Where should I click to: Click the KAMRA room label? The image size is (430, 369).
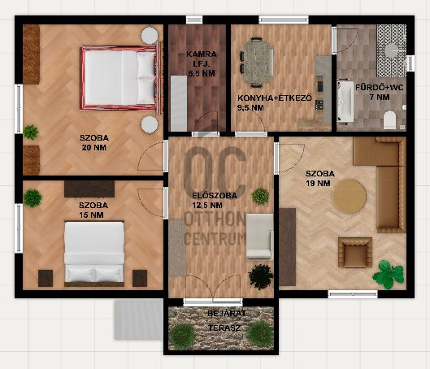click(x=202, y=54)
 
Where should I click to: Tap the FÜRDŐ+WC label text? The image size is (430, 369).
click(x=380, y=88)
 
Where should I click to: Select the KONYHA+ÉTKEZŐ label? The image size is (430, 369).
click(x=275, y=98)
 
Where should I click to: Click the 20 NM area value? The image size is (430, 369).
click(x=94, y=148)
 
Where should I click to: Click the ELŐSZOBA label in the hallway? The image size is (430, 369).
click(x=215, y=196)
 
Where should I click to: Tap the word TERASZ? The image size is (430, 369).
click(x=224, y=328)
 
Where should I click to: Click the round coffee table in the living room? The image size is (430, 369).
click(x=350, y=197)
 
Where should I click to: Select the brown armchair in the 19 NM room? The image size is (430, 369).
click(x=355, y=253)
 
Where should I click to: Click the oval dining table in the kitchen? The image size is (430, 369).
click(x=258, y=63)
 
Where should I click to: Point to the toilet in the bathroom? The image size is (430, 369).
click(x=389, y=119)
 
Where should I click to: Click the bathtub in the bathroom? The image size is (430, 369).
click(x=345, y=101)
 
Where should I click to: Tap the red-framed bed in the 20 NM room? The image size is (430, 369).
click(x=120, y=78)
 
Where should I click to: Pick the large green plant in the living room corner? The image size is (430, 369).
click(x=389, y=275)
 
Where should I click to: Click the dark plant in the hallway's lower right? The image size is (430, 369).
click(x=261, y=276)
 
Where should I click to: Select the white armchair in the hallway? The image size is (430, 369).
click(x=260, y=237)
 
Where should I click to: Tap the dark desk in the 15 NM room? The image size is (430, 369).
click(x=89, y=189)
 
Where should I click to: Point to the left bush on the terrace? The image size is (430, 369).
click(x=182, y=337)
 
